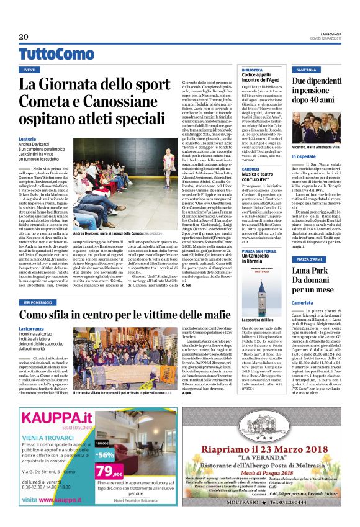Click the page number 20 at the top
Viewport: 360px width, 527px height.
[x=24, y=37]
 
